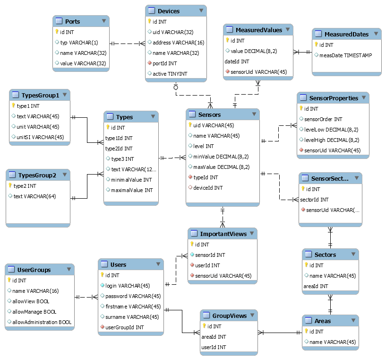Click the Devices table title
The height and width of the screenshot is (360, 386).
point(169,11)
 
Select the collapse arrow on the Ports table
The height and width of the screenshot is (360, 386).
point(104,21)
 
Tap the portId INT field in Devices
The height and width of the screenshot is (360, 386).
point(165,63)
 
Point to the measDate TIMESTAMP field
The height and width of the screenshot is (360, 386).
point(346,55)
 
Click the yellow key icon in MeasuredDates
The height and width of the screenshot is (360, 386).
point(316,44)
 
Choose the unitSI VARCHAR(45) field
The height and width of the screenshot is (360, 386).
point(40,137)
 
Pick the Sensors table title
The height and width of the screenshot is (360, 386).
point(209,114)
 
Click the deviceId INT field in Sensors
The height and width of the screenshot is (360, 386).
point(208,188)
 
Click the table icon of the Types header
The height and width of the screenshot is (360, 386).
point(110,116)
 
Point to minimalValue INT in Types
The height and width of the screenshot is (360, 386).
point(131,180)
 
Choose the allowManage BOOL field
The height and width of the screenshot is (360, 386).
point(34,312)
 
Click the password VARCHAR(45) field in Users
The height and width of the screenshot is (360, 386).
point(133,296)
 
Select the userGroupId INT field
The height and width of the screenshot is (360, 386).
point(125,327)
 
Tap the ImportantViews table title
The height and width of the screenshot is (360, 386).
point(223,234)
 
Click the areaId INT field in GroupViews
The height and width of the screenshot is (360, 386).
point(214,337)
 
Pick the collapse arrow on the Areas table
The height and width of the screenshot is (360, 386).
point(353,320)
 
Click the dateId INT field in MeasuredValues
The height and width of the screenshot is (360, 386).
point(237,61)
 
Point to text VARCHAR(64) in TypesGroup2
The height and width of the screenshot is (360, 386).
point(34,196)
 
